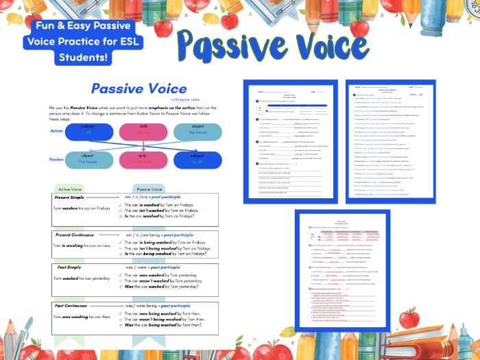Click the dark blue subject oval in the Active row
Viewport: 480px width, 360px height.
click(88, 132)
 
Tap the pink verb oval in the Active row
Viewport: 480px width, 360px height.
click(143, 132)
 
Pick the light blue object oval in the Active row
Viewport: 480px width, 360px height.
click(197, 132)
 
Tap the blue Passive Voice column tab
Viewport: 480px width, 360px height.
click(149, 189)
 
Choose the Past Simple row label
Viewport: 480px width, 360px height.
click(69, 267)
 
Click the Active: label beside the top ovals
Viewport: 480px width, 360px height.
click(58, 130)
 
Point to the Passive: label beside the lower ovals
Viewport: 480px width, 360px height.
click(57, 160)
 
